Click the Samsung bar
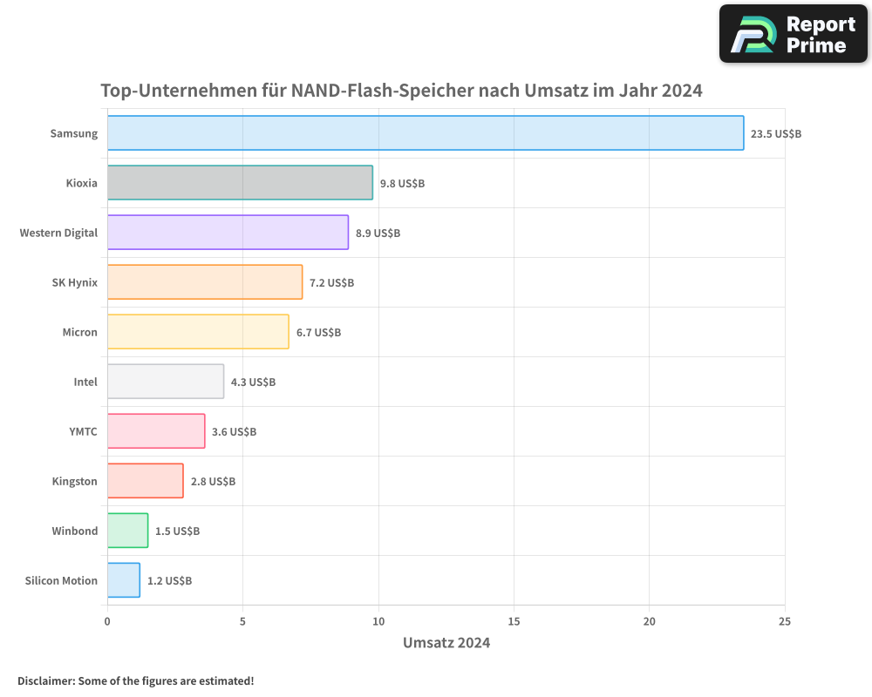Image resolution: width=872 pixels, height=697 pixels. [426, 133]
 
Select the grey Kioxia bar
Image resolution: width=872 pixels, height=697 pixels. [240, 183]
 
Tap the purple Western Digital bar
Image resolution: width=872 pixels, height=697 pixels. [228, 233]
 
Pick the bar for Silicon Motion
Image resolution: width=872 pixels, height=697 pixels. [124, 580]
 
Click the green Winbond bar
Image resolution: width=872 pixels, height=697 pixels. [128, 531]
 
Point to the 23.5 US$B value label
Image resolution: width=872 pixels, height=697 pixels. [776, 134]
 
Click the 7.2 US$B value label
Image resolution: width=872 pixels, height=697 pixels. [331, 283]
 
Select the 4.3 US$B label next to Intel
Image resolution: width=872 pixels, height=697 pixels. [253, 382]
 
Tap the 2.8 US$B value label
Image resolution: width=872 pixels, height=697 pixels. [213, 482]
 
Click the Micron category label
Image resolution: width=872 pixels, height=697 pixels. [79, 333]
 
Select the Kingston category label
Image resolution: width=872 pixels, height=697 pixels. [74, 482]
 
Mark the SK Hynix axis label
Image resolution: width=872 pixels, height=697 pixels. [75, 283]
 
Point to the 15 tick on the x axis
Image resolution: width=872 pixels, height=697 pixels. [514, 621]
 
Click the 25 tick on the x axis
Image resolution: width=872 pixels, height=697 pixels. [784, 621]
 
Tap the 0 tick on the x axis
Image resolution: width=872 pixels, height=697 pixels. [107, 621]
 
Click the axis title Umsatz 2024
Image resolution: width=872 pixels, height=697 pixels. [446, 643]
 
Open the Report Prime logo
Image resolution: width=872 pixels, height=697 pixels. [793, 34]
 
